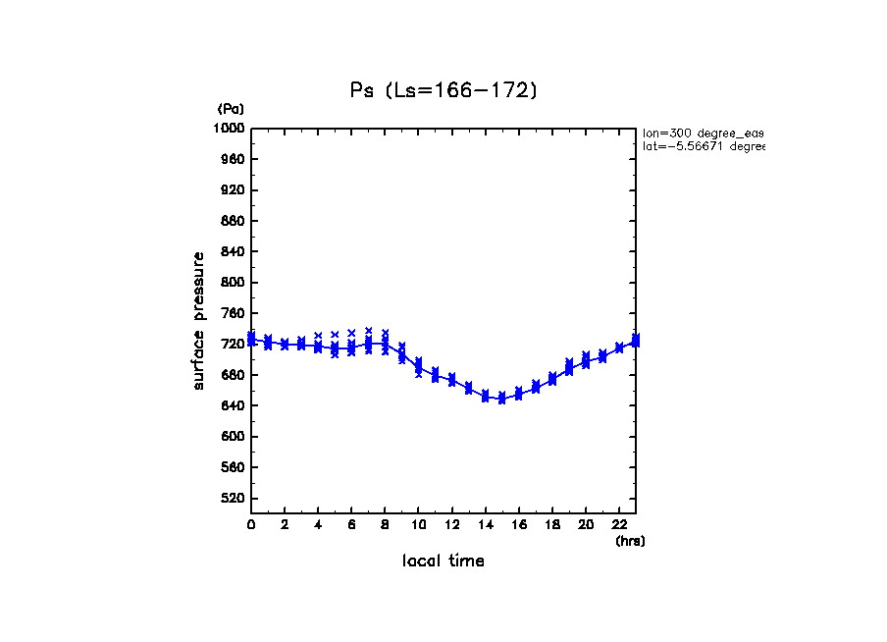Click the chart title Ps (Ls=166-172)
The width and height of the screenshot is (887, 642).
coord(443,90)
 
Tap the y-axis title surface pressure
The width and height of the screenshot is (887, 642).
coord(199,320)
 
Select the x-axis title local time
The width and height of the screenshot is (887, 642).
coord(443,562)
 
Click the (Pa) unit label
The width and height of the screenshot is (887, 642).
coord(231,109)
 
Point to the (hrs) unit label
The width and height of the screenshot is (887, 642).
coord(630,541)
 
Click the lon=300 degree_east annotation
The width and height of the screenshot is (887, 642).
coord(703,133)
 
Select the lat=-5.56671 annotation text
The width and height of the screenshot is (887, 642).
coord(703,146)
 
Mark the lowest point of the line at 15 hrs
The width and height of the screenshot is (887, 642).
coord(501,399)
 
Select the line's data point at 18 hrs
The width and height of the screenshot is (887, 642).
coord(551,379)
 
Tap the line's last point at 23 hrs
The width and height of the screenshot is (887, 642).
coord(636,341)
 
